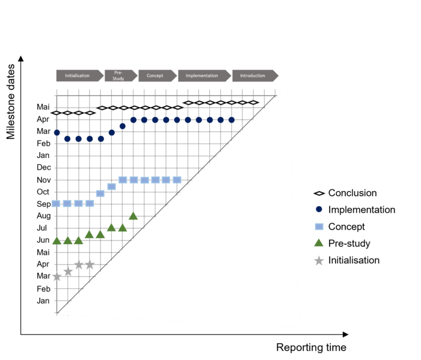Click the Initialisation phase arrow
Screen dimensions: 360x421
(x=78, y=76)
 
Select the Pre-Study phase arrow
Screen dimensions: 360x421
(x=120, y=76)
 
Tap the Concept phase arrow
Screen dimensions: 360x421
(x=156, y=76)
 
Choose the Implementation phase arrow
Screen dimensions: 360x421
(x=203, y=76)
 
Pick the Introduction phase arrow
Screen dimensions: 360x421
(x=254, y=76)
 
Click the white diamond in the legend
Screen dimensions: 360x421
(x=319, y=194)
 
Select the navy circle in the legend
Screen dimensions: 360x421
(x=319, y=209)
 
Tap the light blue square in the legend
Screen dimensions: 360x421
(x=319, y=227)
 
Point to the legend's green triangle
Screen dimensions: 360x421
(x=319, y=243)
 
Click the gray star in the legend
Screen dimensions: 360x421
(x=319, y=261)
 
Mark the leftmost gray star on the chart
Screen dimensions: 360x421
(x=57, y=277)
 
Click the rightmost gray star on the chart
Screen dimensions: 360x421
(x=90, y=264)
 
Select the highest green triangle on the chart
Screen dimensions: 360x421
(x=134, y=216)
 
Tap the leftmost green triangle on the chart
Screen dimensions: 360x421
(x=57, y=241)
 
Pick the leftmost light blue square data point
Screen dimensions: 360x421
(x=56, y=203)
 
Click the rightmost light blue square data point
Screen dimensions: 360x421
(x=177, y=180)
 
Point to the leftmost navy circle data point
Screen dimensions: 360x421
(x=57, y=132)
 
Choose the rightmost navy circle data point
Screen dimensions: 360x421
(x=232, y=120)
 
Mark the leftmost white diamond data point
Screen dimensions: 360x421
(x=57, y=113)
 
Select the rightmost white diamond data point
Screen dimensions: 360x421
(x=254, y=103)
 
